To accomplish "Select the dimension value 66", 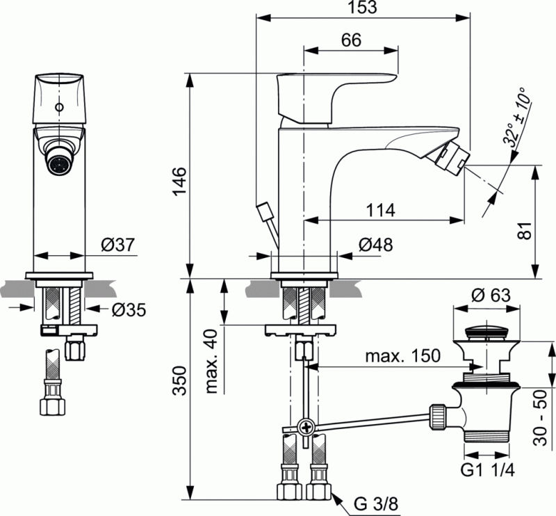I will click(x=352, y=40).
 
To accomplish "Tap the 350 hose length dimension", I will click(x=179, y=381).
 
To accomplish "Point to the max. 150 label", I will click(x=404, y=356).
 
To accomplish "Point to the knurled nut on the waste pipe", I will click(x=438, y=415).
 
